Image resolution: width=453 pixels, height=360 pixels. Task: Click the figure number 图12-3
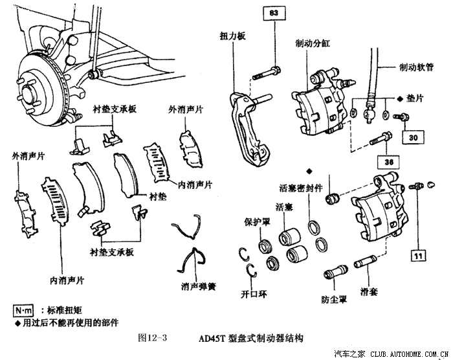pos(153,337)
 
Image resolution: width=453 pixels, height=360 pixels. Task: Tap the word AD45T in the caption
pos(214,337)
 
